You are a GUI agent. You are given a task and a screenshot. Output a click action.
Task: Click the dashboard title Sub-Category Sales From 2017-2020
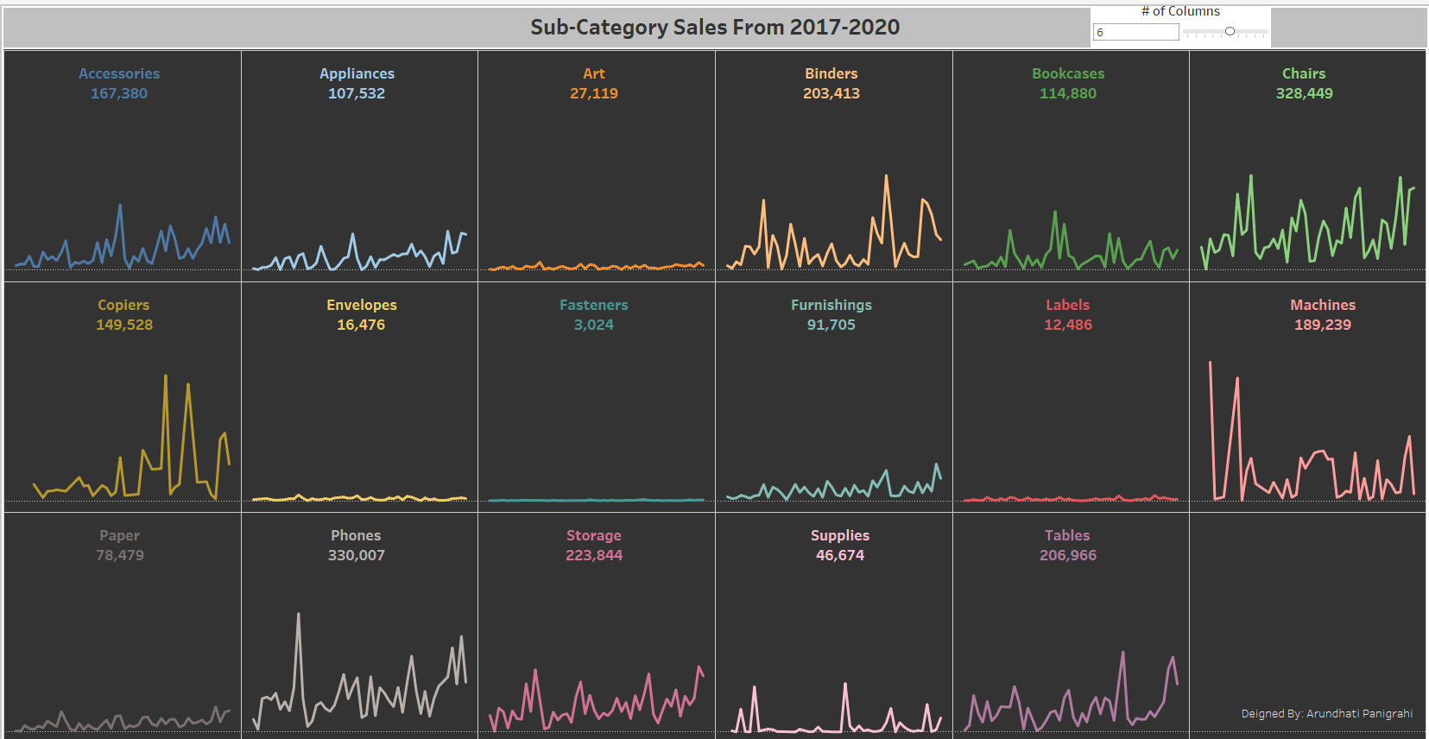point(714,28)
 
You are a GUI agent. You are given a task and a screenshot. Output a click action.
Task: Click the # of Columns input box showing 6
point(1135,32)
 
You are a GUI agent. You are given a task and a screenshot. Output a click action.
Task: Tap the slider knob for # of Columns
point(1230,31)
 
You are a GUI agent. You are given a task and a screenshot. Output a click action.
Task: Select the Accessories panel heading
point(119,74)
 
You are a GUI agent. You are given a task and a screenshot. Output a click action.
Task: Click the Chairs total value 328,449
point(1304,93)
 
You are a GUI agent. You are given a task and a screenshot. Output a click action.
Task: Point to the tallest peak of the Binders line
point(886,177)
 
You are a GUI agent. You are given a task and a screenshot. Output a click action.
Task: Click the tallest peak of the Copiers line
point(166,376)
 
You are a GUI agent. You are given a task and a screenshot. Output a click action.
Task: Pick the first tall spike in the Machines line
point(1211,363)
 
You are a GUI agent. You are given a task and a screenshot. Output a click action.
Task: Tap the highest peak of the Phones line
point(299,615)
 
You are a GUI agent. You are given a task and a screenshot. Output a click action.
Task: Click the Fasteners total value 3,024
point(593,325)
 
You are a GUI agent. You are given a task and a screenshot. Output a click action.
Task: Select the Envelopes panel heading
point(361,305)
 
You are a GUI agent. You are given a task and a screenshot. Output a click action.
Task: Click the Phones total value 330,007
point(356,555)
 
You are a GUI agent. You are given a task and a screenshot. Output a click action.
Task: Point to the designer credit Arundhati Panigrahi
point(1326,713)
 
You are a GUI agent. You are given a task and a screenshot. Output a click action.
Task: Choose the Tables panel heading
point(1067,535)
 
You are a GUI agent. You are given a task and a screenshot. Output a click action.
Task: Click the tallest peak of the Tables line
point(1122,653)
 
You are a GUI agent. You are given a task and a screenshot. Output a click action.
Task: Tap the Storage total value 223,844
point(593,555)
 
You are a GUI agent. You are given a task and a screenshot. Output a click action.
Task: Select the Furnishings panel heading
point(831,305)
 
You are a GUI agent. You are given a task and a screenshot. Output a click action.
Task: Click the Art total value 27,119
point(593,93)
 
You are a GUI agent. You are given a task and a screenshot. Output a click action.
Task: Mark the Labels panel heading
point(1067,305)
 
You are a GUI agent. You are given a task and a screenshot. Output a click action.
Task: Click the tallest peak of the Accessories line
point(120,205)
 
